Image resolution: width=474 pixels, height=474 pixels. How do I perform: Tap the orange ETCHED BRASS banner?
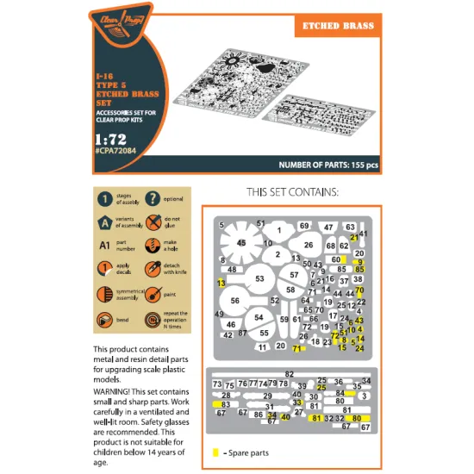(x=340, y=26)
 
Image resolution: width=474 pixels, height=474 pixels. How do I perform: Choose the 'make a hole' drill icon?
(x=153, y=246)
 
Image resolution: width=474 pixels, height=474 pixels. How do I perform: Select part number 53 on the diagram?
(x=259, y=278)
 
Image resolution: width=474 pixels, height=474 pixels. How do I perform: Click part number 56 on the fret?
(x=234, y=301)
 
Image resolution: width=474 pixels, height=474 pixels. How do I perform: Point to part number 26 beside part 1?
(x=309, y=246)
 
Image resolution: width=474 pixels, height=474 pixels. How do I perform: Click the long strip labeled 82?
(x=289, y=373)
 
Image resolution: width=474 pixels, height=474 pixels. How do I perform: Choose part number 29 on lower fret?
(x=267, y=395)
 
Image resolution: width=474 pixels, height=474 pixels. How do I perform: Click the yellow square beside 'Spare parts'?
(x=214, y=452)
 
